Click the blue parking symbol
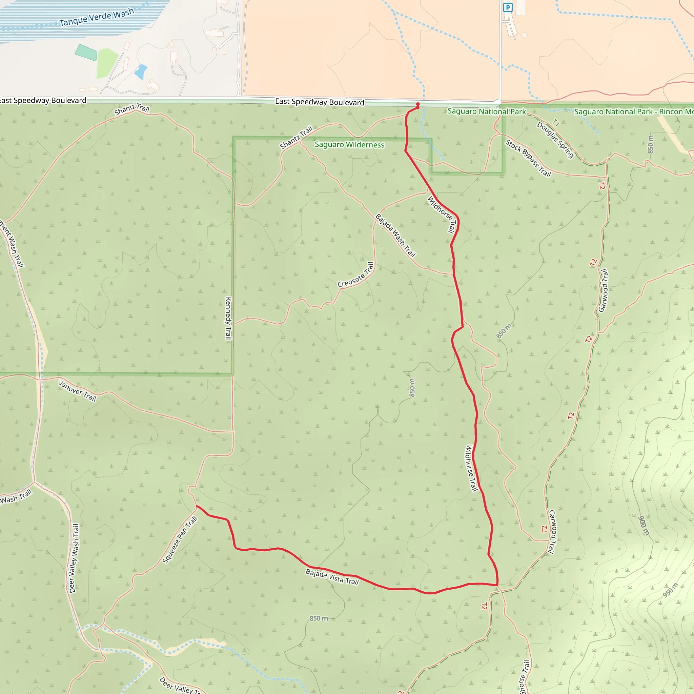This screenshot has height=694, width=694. [508, 7]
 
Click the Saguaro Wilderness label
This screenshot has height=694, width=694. [349, 145]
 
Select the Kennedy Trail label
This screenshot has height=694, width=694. [228, 318]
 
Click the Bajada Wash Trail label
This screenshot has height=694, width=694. [395, 235]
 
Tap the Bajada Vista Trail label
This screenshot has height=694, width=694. [332, 576]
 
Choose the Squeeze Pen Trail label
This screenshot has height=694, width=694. [180, 539]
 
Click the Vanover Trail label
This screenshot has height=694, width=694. [77, 391]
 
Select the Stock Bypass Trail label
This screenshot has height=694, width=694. [528, 158]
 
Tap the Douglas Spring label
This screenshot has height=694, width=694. [555, 140]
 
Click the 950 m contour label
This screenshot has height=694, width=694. [670, 590]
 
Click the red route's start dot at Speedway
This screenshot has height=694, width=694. [417, 104]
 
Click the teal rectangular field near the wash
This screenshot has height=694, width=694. [86, 53]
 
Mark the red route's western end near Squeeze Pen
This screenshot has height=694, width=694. [197, 506]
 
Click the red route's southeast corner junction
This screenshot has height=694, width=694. [497, 586]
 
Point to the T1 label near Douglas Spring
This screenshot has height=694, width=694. [556, 122]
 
